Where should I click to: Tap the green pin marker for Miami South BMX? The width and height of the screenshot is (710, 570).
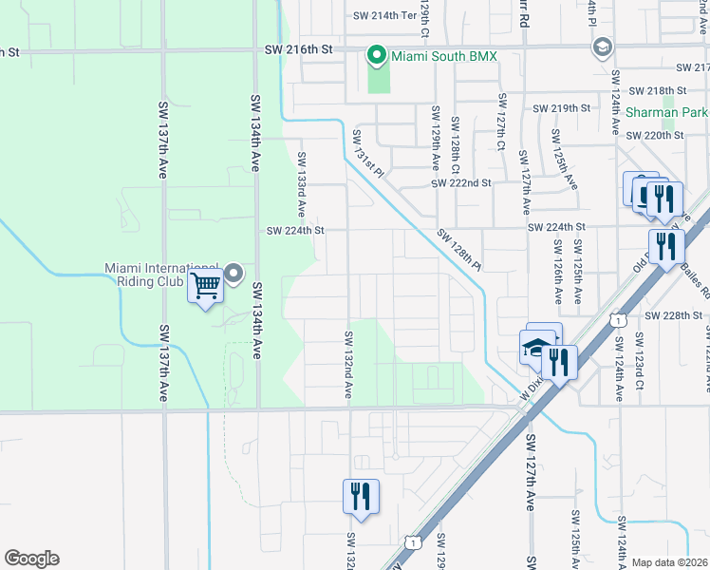[378, 56]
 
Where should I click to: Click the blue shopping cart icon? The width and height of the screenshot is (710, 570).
[206, 285]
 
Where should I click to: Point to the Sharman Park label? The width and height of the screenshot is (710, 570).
[666, 112]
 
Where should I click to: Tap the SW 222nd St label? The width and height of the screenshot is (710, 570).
[460, 182]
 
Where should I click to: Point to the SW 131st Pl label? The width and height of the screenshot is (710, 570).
[367, 155]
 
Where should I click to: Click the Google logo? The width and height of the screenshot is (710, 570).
[31, 559]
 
